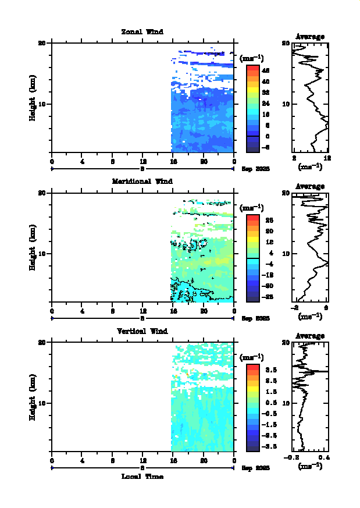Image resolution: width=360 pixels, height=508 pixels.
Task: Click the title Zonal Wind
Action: coord(142,32)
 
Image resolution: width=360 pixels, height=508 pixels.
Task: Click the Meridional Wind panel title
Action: coord(142,182)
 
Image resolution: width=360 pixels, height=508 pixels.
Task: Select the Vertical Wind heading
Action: coord(142,331)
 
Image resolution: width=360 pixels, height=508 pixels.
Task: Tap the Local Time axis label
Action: coord(142,477)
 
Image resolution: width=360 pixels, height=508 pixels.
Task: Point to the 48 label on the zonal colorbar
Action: coord(265,70)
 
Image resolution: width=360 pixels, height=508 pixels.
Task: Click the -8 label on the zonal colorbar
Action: coord(265,147)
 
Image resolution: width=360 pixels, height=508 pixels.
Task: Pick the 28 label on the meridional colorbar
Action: coord(265,220)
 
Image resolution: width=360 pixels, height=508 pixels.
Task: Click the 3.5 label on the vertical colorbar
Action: coord(266,370)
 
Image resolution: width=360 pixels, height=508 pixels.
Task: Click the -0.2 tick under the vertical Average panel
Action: coord(291,458)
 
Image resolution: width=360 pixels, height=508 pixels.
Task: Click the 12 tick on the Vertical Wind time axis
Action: coord(143,461)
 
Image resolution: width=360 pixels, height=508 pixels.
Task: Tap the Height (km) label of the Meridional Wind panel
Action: coord(33,247)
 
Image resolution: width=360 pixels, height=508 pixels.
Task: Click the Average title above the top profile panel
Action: coord(310,37)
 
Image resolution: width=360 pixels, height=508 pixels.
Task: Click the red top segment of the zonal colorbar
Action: coord(252,67)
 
